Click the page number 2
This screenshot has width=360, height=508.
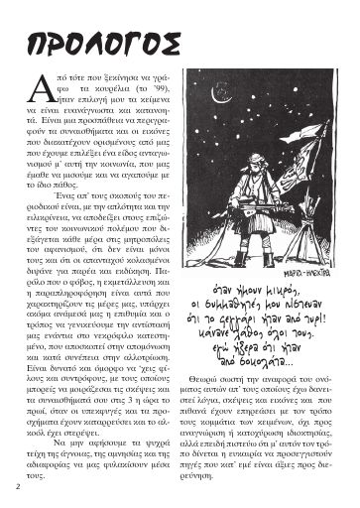[18, 488]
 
